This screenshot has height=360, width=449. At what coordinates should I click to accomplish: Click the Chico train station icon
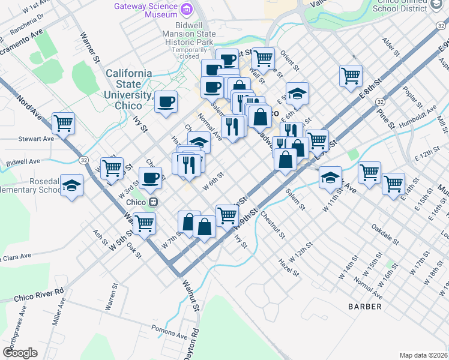pos(154,202)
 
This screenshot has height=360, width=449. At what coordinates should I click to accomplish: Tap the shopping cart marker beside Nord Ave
pos(63,124)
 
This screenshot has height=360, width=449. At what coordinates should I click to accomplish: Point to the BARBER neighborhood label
pos(364,307)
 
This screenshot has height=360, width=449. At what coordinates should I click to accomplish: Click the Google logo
pos(20,352)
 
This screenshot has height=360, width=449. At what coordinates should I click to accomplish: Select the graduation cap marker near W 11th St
pos(330,178)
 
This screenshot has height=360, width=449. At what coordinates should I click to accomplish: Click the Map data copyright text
pos(424,355)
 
